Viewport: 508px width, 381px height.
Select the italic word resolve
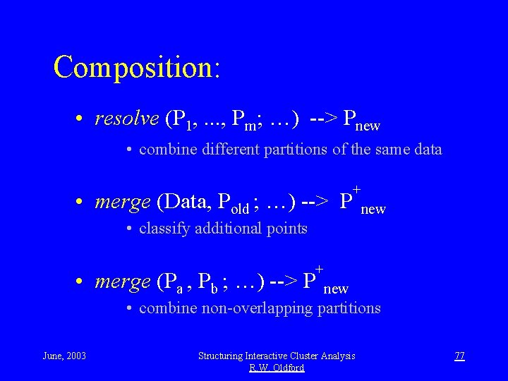pos(126,120)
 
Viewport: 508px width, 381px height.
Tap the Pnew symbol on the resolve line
pos(361,121)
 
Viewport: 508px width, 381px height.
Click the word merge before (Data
pos(122,202)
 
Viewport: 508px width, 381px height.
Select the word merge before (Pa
pos(122,282)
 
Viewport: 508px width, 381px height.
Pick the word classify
pos(162,229)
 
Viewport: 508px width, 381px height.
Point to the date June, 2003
pos(64,356)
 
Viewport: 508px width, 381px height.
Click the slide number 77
pos(459,356)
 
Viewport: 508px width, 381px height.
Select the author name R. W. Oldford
pos(277,368)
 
